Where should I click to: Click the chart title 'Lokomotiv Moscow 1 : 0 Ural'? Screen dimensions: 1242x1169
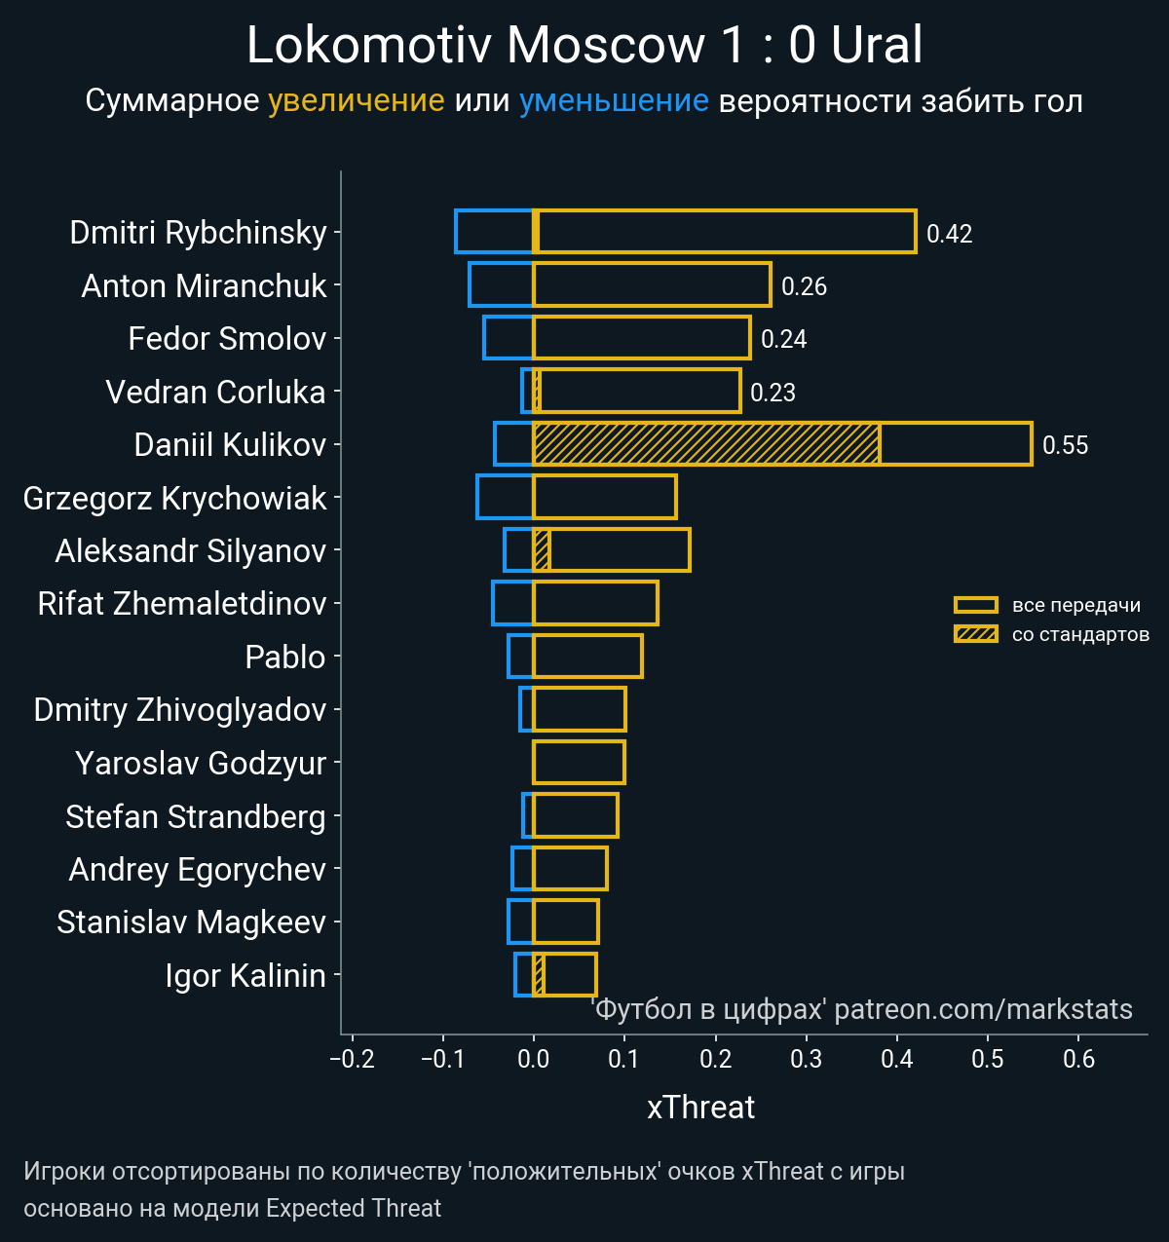click(x=584, y=46)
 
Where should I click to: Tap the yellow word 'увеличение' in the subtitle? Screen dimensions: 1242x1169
click(x=356, y=100)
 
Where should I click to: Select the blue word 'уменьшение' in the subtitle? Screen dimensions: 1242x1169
click(x=614, y=100)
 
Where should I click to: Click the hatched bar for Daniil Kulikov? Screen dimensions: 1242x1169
click(x=706, y=444)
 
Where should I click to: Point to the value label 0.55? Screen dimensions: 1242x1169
click(x=1065, y=445)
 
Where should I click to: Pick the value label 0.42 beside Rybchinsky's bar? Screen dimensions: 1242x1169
click(x=949, y=234)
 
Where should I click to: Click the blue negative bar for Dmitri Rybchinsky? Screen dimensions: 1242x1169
click(x=494, y=232)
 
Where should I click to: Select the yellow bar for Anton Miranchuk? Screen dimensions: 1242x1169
click(x=651, y=284)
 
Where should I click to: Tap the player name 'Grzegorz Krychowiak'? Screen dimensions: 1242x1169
click(x=175, y=499)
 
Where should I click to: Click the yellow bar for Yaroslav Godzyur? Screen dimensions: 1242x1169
click(x=579, y=762)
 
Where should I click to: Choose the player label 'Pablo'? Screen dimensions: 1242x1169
click(x=285, y=658)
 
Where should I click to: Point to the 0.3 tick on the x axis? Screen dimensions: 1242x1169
click(x=807, y=1059)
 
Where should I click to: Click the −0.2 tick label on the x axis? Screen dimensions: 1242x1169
click(x=352, y=1059)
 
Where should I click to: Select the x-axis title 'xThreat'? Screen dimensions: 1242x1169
click(x=700, y=1108)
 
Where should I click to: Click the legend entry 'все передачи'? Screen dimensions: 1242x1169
click(x=1075, y=605)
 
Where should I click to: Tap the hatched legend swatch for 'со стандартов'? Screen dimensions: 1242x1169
click(x=975, y=634)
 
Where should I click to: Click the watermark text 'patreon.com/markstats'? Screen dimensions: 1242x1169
click(x=984, y=1009)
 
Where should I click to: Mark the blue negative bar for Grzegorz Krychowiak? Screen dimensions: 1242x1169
click(x=505, y=497)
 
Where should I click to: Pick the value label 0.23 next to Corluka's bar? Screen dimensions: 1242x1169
click(x=773, y=393)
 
